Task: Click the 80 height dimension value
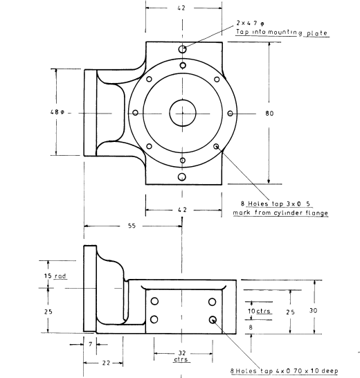pos(269,114)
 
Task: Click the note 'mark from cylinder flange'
pos(280,213)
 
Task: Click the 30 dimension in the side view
pos(313,311)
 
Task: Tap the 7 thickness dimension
pos(90,344)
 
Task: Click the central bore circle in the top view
pos(181,113)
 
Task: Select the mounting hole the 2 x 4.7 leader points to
pos(181,49)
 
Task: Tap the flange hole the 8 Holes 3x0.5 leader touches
pos(217,146)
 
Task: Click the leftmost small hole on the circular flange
pos(135,113)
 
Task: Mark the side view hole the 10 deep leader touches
pos(213,319)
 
